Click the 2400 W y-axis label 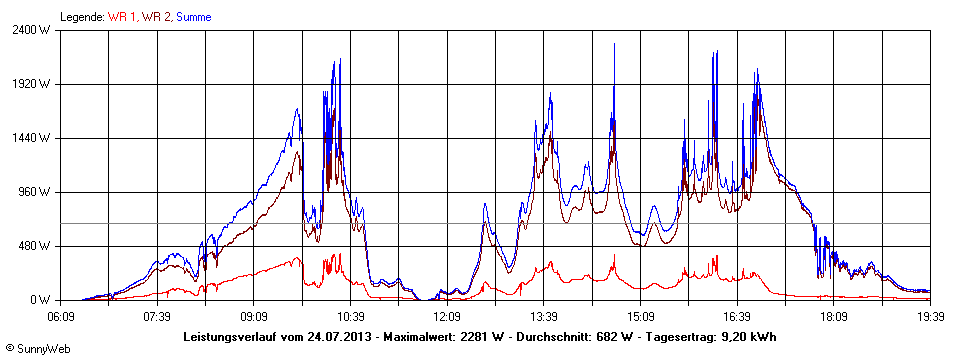pyautogui.click(x=45, y=29)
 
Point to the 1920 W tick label pyautogui.click(x=45, y=84)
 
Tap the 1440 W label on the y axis pyautogui.click(x=45, y=138)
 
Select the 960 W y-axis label pyautogui.click(x=48, y=192)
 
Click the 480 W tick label pyautogui.click(x=48, y=246)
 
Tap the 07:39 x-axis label pyautogui.click(x=157, y=315)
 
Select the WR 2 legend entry pyautogui.click(x=156, y=17)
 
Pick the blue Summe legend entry pyautogui.click(x=194, y=17)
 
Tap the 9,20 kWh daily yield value pyautogui.click(x=750, y=335)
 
